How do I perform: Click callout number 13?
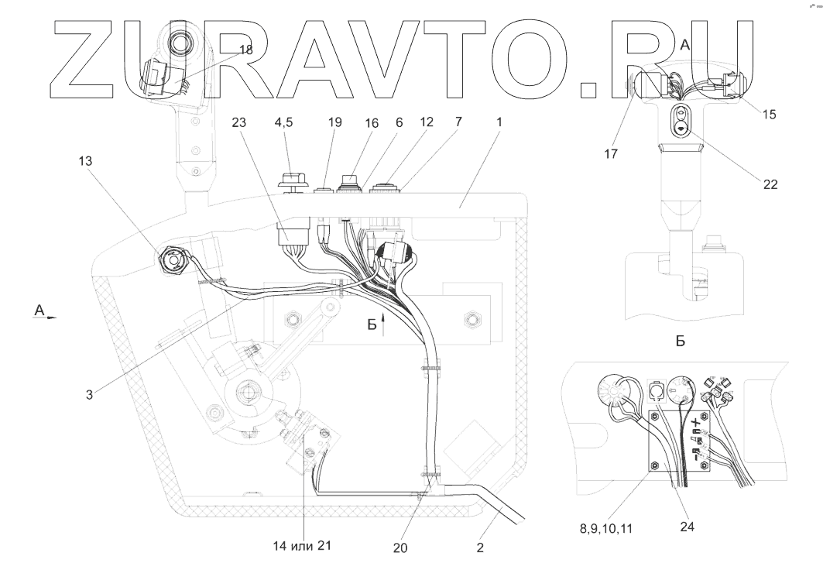pyautogui.click(x=85, y=161)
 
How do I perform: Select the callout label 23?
pyautogui.click(x=238, y=122)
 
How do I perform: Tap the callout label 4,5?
pyautogui.click(x=283, y=122)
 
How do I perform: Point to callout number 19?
pyautogui.click(x=335, y=122)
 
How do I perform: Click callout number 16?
pyautogui.click(x=372, y=123)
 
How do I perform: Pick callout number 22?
pyautogui.click(x=770, y=185)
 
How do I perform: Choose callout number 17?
pyautogui.click(x=611, y=154)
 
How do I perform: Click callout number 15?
pyautogui.click(x=769, y=115)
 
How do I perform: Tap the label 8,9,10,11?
pyautogui.click(x=606, y=529)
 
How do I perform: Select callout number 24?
pyautogui.click(x=687, y=527)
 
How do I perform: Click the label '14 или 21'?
pyautogui.click(x=302, y=546)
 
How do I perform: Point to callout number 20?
pyautogui.click(x=400, y=548)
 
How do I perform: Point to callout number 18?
pyautogui.click(x=245, y=50)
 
